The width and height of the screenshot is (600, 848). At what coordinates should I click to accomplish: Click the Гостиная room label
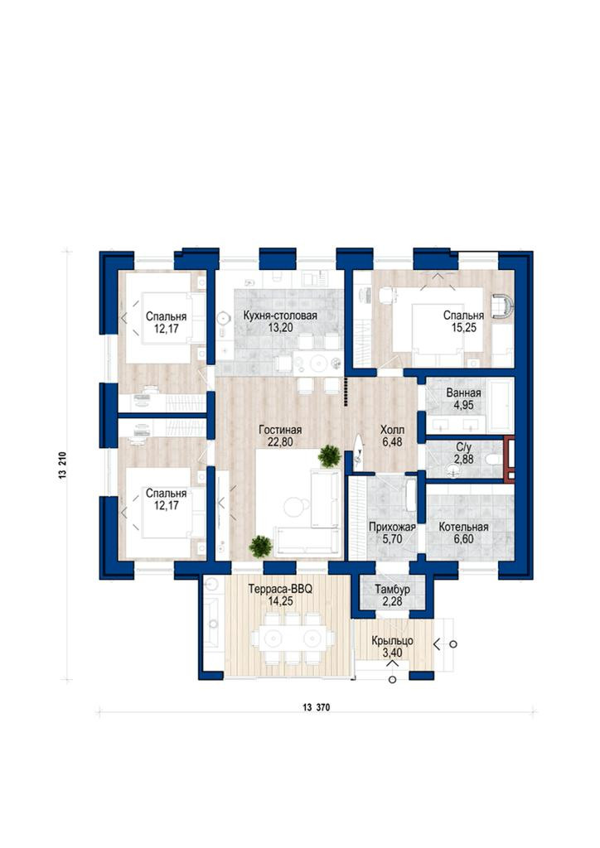pos(280,430)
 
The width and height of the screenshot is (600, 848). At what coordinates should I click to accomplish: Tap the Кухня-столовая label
pos(280,316)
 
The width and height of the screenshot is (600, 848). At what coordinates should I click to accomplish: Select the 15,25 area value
pos(464,327)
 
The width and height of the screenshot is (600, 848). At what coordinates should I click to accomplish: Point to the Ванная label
pos(463,393)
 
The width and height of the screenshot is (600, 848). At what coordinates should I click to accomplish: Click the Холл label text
pos(392,430)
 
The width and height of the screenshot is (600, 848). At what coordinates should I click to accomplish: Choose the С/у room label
pos(463,447)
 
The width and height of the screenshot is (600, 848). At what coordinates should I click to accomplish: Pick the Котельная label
pos(463,527)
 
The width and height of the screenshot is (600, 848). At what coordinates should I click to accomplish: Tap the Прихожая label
pos(392,527)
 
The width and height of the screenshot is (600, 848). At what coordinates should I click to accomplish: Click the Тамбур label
pos(392,589)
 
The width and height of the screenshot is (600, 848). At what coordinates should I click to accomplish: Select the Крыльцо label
pos(392,641)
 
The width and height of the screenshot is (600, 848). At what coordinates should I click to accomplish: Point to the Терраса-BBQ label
pos(280,589)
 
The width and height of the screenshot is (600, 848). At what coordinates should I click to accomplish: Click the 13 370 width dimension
pos(317,707)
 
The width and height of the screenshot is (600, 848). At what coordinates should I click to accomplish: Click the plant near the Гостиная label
pos(329,456)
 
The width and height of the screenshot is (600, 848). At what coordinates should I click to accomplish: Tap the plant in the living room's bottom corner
pos(261,547)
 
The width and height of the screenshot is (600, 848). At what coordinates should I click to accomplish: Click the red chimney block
pos(509,459)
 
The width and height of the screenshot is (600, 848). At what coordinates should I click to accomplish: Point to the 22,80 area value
pos(280,442)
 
